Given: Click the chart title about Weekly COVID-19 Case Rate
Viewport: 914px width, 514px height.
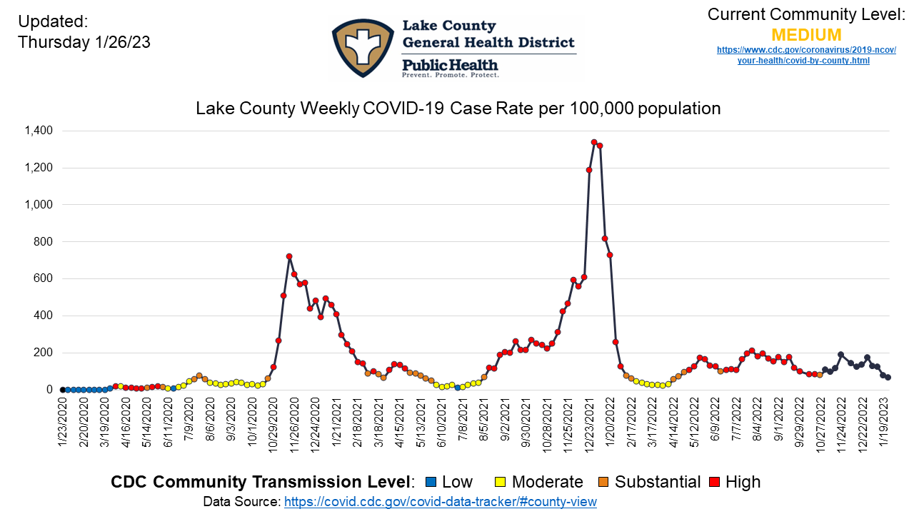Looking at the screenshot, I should tap(458, 109).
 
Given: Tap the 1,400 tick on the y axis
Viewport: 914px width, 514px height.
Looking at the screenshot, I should tap(38, 131).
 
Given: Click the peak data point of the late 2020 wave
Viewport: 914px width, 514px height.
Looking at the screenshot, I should tap(289, 256).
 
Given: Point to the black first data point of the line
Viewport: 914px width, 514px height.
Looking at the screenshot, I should tap(63, 390).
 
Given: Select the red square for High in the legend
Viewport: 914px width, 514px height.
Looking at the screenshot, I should tap(713, 483).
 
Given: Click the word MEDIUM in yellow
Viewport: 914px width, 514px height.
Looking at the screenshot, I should tap(806, 35).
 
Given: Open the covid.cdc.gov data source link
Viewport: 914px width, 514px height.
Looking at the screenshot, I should tap(440, 502).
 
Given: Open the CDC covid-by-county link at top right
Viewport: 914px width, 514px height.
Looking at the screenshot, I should tap(806, 55).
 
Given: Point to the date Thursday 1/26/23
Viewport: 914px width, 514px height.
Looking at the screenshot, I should tap(84, 43).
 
